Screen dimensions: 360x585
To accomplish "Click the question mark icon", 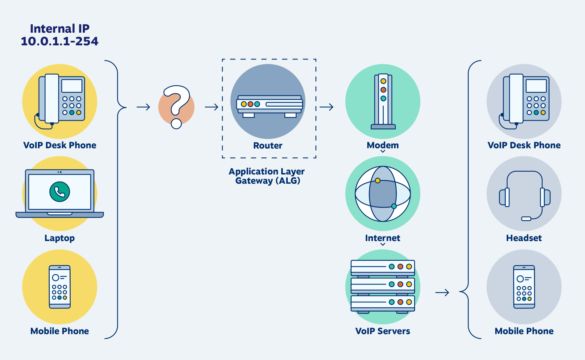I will [x=176, y=107].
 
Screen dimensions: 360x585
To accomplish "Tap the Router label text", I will [x=268, y=145].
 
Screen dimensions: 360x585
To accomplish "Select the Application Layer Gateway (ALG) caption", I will [x=267, y=176].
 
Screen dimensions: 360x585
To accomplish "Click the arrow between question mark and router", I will [x=212, y=107].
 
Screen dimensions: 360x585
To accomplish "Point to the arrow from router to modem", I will [x=327, y=107].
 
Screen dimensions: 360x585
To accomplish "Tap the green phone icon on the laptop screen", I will [x=60, y=192].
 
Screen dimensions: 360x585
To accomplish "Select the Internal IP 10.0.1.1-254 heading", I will [x=60, y=35].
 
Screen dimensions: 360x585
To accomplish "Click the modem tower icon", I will [x=383, y=102].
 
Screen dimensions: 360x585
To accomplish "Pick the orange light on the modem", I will [x=383, y=90].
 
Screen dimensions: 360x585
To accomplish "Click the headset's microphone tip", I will [x=526, y=219].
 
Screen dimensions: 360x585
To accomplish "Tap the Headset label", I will [x=524, y=238].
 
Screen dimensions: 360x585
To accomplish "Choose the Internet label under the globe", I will [x=382, y=238].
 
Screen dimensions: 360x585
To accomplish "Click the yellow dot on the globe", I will [x=377, y=181].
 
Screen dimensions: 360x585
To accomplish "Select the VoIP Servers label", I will [x=382, y=331].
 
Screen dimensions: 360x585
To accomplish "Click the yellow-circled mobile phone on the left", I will [x=60, y=287].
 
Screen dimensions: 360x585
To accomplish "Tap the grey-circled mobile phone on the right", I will [x=524, y=287].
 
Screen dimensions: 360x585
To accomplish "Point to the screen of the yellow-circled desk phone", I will [x=72, y=86].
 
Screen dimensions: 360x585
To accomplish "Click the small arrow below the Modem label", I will [x=383, y=151].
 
